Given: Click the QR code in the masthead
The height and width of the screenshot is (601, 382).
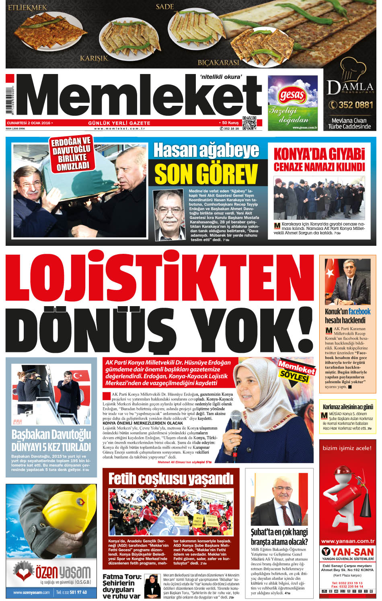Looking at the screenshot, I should (x=249, y=123).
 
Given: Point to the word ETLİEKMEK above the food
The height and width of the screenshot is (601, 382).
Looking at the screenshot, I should (x=27, y=7).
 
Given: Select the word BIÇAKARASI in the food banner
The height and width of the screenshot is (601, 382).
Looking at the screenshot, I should (x=218, y=62).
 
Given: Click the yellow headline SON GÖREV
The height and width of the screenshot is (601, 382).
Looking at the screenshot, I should (x=206, y=173).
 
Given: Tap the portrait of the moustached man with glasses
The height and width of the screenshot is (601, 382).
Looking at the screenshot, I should (x=170, y=215).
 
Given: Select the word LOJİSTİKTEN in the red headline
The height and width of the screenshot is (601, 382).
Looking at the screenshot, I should (x=159, y=277).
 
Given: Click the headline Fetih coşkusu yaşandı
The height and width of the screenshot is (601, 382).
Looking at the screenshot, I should (x=171, y=479).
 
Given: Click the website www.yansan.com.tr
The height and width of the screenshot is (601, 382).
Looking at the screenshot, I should (x=347, y=541).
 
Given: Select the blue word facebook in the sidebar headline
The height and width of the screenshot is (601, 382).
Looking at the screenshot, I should (x=359, y=311).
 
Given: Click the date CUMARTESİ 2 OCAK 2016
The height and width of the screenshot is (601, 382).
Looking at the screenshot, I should (x=29, y=123).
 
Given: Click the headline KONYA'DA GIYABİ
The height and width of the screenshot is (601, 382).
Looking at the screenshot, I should (x=319, y=154).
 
